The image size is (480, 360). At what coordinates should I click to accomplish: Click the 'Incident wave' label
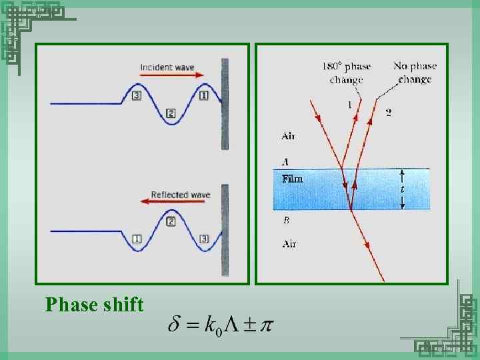167,67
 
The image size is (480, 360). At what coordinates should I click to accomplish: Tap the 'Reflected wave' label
180,195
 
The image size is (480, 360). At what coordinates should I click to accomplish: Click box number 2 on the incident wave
171,113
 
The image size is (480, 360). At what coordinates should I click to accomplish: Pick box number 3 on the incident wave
137,95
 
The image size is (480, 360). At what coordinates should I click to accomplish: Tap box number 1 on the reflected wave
137,239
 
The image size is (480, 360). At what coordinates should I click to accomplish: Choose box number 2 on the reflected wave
171,221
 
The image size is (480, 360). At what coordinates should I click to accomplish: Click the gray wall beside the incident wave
225,103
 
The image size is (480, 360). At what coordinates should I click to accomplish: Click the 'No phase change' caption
415,72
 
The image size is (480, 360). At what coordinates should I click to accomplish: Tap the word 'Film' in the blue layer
292,179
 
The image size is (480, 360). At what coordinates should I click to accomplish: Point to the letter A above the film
285,161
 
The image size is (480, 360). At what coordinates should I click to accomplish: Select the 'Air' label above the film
288,135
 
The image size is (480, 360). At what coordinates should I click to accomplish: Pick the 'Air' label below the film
289,243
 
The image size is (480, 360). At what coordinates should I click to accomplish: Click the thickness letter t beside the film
401,189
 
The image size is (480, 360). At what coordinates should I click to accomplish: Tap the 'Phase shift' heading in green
95,305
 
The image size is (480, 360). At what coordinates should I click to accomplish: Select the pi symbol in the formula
265,326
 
